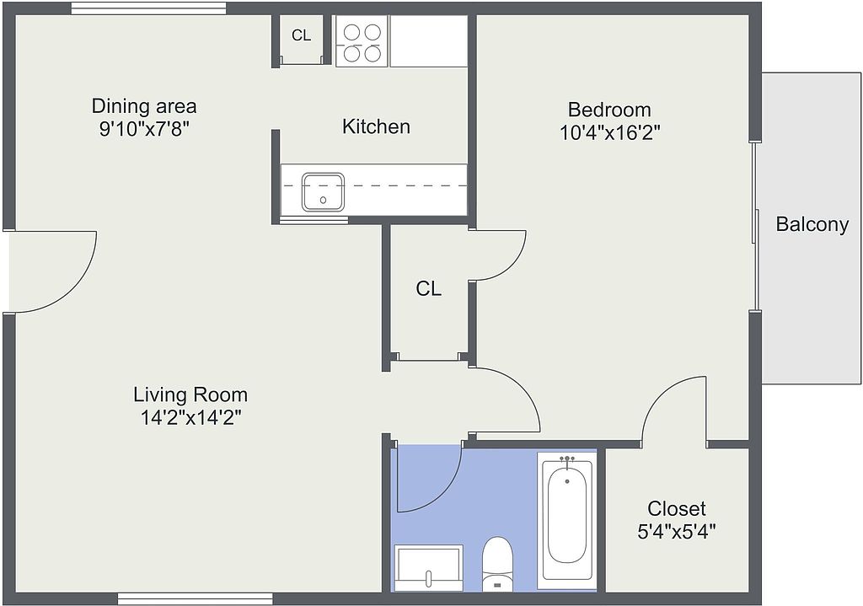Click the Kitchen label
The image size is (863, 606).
[x=376, y=126]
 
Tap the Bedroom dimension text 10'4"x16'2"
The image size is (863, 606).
[x=610, y=132]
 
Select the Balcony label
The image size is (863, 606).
[x=812, y=224]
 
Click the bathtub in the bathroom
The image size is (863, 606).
[x=567, y=518]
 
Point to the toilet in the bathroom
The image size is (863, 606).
[x=497, y=564]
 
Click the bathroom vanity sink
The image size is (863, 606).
[x=429, y=567]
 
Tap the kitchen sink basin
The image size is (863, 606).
[x=323, y=192]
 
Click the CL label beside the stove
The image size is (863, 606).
[x=301, y=35]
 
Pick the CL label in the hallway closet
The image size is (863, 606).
[x=428, y=288]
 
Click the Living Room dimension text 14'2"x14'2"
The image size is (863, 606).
[x=191, y=418]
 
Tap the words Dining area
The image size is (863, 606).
[x=143, y=105]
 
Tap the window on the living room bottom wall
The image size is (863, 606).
[x=196, y=599]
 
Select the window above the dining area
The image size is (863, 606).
[x=148, y=8]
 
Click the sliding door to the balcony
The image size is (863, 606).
[x=756, y=226]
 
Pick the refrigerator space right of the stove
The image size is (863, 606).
[x=429, y=41]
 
